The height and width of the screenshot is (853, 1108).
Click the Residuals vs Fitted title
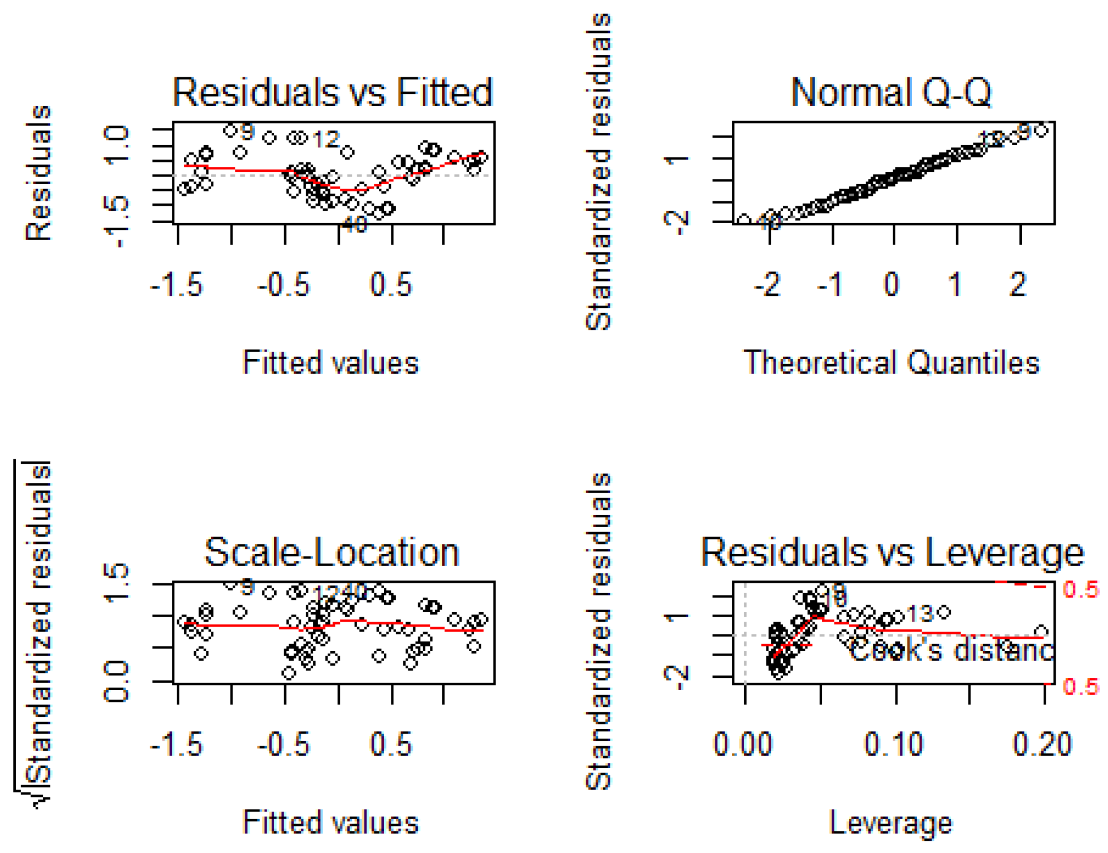pyautogui.click(x=333, y=92)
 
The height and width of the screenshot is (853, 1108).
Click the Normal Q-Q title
pyautogui.click(x=891, y=92)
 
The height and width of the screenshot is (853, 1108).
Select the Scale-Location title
pyautogui.click(x=332, y=552)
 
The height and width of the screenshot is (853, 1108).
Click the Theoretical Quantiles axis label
pyautogui.click(x=891, y=363)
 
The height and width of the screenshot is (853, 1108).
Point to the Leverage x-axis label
pyautogui.click(x=891, y=823)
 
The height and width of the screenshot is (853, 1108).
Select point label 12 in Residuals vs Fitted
pyautogui.click(x=326, y=140)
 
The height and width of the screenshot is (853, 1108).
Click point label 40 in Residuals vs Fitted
pyautogui.click(x=354, y=225)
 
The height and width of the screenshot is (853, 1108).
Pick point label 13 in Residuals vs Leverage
pyautogui.click(x=920, y=614)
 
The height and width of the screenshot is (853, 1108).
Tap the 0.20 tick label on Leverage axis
pyautogui.click(x=1041, y=744)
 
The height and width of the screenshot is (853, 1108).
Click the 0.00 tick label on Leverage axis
pyautogui.click(x=743, y=744)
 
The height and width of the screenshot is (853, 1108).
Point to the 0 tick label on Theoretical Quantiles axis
pyautogui.click(x=892, y=284)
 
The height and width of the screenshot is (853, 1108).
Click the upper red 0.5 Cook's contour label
pyautogui.click(x=1080, y=589)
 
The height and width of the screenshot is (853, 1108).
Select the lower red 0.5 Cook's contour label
pyautogui.click(x=1080, y=687)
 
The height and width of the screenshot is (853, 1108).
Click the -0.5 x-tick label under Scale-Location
pyautogui.click(x=283, y=744)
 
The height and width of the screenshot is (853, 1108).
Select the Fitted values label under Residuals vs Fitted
pyautogui.click(x=330, y=363)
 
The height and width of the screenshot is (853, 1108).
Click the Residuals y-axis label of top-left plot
pyautogui.click(x=39, y=173)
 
